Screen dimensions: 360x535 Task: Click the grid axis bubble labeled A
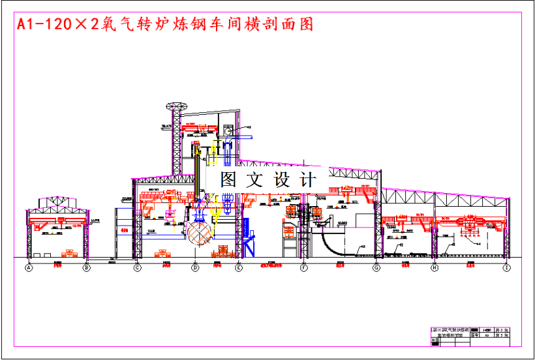pos(29,267)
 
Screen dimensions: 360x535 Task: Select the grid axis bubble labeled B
pos(86,267)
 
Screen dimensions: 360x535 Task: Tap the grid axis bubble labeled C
pos(137,267)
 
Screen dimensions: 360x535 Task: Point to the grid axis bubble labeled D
pos(194,267)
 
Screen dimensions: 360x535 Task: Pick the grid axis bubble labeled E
pos(238,267)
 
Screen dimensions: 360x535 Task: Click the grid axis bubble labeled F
pos(304,267)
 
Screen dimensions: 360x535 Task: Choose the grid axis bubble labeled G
pos(376,267)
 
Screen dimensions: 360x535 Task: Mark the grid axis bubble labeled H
pos(435,267)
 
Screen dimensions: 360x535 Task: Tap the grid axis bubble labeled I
pos(507,267)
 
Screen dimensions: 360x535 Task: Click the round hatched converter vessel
pos(198,234)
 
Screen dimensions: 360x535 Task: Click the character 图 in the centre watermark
pos(228,179)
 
